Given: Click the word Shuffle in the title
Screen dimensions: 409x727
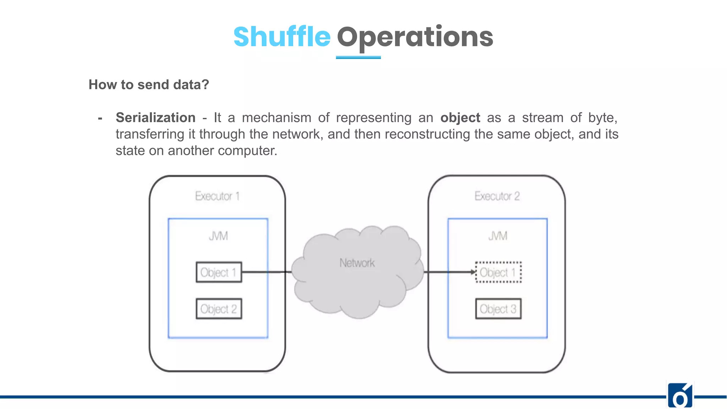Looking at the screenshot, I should [282, 37].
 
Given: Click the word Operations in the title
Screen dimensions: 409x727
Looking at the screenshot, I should [415, 37].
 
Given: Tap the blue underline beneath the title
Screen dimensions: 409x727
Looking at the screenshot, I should [358, 57].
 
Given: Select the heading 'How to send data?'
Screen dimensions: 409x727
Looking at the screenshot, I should [149, 84].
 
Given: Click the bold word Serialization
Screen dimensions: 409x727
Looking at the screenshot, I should [155, 118].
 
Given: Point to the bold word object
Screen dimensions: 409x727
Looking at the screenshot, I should [460, 118].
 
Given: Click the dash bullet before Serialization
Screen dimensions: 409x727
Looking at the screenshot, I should [100, 118].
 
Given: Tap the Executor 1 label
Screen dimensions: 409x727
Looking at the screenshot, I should [217, 196].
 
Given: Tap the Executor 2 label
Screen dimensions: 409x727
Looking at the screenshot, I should [497, 196].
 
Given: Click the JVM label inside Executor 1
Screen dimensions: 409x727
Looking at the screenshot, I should [218, 236].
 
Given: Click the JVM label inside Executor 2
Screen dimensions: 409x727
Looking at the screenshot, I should [498, 236].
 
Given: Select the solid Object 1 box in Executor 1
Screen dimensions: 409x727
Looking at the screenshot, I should [219, 272].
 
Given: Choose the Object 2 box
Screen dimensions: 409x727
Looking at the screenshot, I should [219, 309].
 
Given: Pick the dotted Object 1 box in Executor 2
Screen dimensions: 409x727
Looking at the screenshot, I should [498, 272].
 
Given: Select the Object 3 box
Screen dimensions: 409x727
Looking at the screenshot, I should [498, 309].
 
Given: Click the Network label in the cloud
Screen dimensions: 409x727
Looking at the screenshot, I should [357, 263].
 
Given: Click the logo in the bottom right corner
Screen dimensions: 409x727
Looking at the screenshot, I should [680, 396].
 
